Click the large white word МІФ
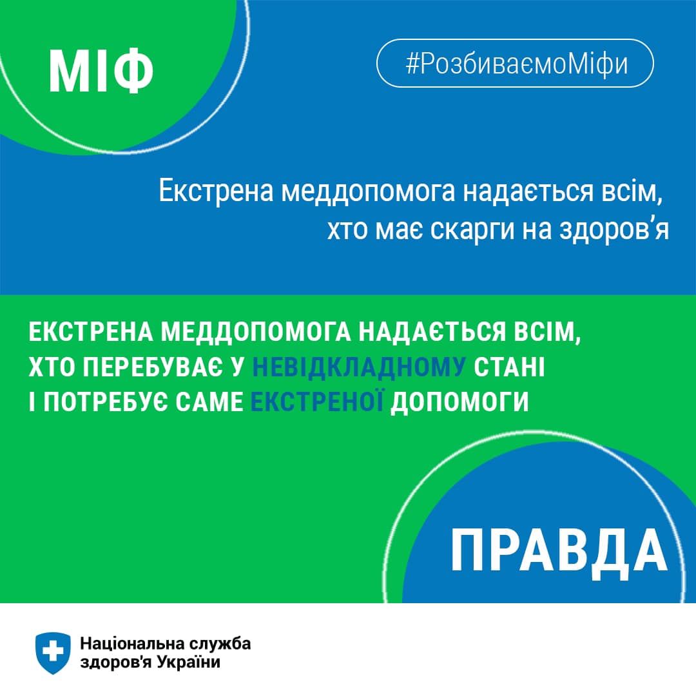coord(101,71)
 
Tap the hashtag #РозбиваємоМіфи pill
coord(515,63)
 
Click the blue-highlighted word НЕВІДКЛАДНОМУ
coord(359,367)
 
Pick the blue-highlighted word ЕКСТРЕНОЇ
coord(317,401)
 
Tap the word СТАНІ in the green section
coord(509,367)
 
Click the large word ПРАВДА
coord(559,551)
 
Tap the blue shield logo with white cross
coord(53,653)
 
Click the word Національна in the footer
coord(132,643)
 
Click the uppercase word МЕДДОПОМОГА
coord(256,332)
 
